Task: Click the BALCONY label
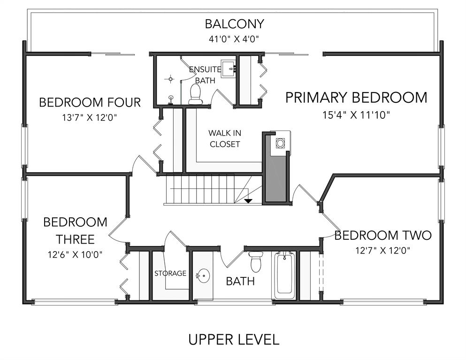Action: [235, 24]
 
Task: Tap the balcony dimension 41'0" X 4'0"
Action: [234, 39]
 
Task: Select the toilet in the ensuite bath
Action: [195, 94]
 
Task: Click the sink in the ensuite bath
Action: [229, 69]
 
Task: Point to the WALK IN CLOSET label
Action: [225, 138]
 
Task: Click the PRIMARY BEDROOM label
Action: [356, 98]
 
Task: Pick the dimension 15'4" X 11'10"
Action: [356, 115]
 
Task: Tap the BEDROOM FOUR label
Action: [90, 102]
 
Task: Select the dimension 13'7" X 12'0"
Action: [90, 118]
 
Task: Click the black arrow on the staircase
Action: [248, 201]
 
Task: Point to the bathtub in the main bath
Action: [283, 275]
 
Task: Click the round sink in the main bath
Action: [203, 276]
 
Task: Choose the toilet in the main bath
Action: [256, 261]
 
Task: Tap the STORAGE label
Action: [170, 273]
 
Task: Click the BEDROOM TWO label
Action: [383, 235]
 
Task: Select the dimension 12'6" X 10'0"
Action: [75, 254]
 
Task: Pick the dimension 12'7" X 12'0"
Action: [383, 251]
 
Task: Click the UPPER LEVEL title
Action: [234, 339]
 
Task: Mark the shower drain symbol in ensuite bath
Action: [170, 79]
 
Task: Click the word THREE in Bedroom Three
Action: [75, 239]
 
